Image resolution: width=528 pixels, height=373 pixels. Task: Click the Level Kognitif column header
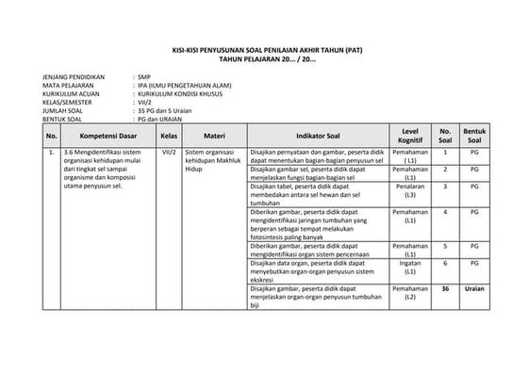tap(410, 136)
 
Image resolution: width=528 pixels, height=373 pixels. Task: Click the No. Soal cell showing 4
tap(445, 212)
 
